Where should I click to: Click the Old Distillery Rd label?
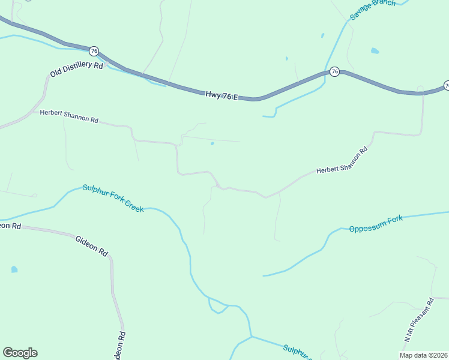(x=77, y=69)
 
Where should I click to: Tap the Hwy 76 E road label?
(x=221, y=95)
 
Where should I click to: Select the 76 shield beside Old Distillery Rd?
(x=94, y=51)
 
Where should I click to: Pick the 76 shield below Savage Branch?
(x=334, y=72)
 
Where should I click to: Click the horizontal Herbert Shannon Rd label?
(x=69, y=116)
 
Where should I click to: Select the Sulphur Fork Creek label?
(x=113, y=198)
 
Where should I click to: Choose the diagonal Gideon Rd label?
(x=91, y=246)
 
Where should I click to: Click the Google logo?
(x=20, y=353)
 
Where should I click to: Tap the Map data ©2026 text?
(x=423, y=355)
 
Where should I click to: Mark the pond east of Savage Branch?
(x=375, y=51)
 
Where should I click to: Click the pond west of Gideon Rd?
(x=14, y=270)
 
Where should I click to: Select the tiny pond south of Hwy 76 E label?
(x=212, y=143)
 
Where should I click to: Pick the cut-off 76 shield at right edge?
(x=447, y=86)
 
